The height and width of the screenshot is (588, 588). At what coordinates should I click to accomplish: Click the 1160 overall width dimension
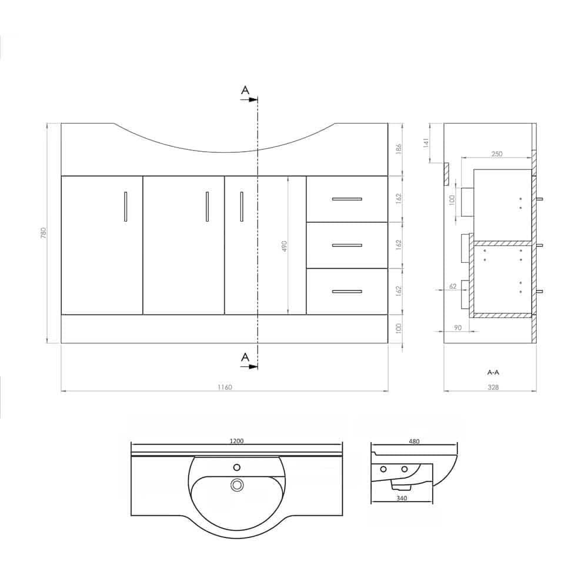pos(225,387)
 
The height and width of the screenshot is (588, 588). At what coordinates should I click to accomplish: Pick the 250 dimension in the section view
pos(497,153)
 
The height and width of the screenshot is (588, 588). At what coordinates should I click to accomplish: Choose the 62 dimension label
pos(452,286)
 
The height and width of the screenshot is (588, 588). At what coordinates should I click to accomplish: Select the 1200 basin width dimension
pos(237,441)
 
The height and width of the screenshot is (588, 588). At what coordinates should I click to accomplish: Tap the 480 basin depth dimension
pos(414,441)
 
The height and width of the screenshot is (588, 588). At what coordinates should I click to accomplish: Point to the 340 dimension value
pos(402,499)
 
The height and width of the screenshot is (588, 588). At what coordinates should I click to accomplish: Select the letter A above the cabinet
pos(245,90)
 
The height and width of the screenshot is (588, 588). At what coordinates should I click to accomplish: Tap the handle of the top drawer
pos(347,199)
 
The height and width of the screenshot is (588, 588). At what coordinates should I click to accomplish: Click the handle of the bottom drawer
pos(347,291)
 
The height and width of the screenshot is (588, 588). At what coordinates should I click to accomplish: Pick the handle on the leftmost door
pos(125,206)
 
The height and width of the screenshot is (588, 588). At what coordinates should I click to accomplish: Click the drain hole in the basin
pos(237,485)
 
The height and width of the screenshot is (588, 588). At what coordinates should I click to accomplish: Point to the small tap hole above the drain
pos(237,467)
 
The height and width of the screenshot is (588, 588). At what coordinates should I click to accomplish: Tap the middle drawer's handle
pos(347,245)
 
